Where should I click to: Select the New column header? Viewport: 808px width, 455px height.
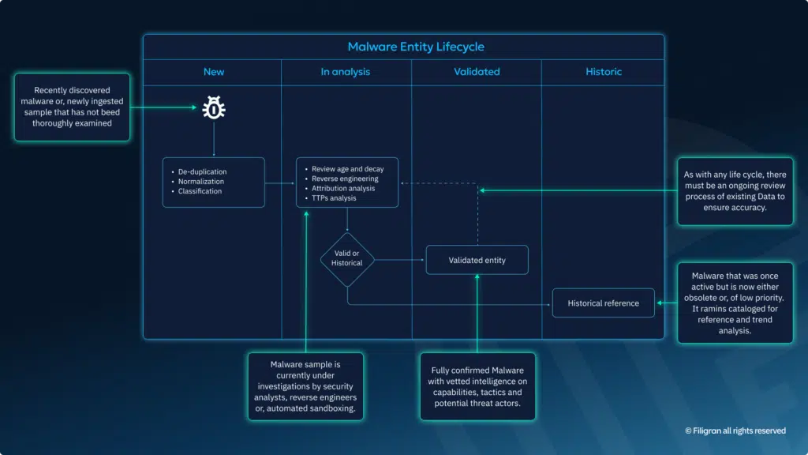214,72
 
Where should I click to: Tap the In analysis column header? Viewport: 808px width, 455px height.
345,72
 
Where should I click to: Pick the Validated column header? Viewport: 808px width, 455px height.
477,72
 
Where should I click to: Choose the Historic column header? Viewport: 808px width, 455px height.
604,72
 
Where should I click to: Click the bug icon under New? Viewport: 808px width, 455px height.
214,108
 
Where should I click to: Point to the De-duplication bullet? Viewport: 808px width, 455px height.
203,171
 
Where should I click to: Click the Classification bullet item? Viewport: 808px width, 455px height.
200,191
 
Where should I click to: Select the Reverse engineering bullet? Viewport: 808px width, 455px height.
344,179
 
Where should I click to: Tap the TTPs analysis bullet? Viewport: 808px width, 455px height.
334,198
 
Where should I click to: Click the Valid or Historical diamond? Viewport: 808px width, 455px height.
347,259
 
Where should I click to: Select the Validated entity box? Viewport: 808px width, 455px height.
477,260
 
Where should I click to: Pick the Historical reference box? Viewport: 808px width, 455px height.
603,303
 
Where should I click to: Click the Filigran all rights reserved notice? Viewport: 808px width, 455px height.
735,431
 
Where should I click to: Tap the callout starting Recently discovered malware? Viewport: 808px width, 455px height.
72,107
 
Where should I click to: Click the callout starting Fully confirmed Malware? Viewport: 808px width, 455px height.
477,386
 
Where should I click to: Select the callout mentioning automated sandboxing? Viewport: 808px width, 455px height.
305,387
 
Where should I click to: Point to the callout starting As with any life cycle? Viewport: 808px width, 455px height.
735,190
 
